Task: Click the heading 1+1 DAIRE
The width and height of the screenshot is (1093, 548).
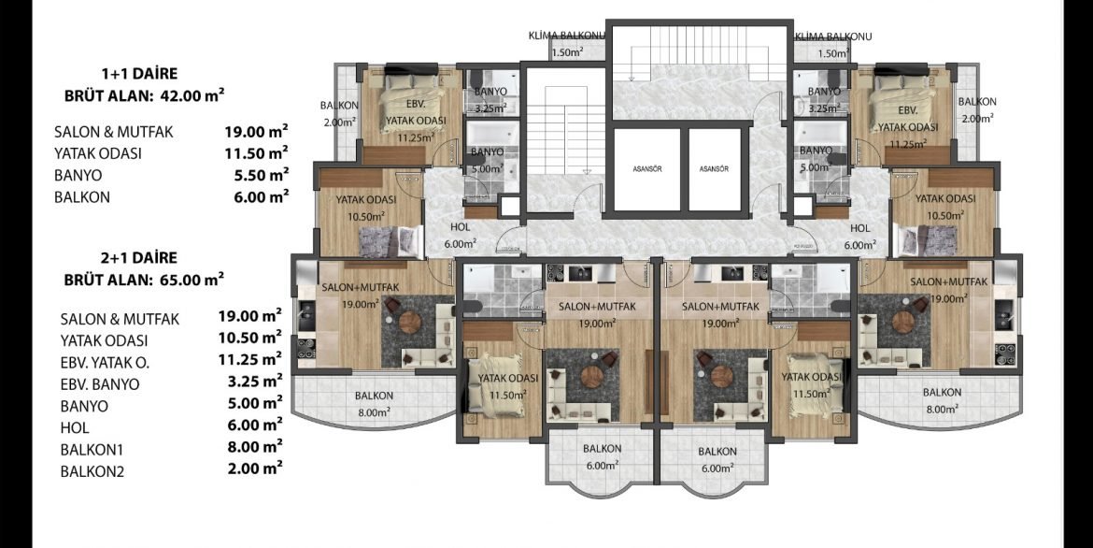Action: (139, 73)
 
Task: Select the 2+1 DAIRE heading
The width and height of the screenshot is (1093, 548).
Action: (138, 257)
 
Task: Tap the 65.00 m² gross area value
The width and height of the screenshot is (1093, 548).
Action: (191, 280)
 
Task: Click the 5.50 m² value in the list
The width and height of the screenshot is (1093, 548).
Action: (262, 174)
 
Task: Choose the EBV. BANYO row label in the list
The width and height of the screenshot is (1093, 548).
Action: (100, 384)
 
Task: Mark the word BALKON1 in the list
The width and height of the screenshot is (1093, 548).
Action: (92, 450)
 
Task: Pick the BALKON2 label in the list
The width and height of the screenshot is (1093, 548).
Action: (92, 472)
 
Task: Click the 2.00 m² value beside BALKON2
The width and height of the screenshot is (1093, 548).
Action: (255, 468)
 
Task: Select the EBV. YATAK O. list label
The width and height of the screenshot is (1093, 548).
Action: (105, 362)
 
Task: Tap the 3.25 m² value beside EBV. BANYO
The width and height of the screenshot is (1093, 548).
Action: (255, 381)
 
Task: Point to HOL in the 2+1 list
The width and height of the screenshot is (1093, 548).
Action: (75, 428)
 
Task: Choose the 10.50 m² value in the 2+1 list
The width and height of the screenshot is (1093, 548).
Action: (250, 337)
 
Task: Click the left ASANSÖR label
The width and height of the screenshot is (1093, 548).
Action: (646, 169)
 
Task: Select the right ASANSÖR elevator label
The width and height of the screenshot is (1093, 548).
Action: (715, 169)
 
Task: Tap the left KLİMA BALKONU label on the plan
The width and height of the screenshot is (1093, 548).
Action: (566, 36)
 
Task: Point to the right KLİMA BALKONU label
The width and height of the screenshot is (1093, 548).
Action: (833, 36)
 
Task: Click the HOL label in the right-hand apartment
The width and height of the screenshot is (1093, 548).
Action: (859, 228)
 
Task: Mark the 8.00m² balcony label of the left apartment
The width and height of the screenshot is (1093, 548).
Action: (373, 412)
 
